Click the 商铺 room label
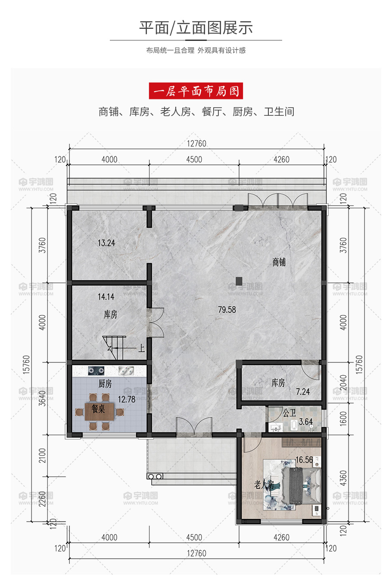[x=279, y=262]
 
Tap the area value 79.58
[x=227, y=309]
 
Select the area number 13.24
[x=106, y=243]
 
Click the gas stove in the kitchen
[x=96, y=371]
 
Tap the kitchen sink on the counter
[x=126, y=371]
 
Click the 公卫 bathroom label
[x=289, y=413]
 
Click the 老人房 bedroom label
[x=264, y=485]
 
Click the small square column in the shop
[x=239, y=281]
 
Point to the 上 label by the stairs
[x=142, y=348]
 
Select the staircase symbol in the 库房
[x=114, y=347]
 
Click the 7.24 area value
[x=303, y=392]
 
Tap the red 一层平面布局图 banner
[x=196, y=91]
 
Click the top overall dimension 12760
[x=196, y=143]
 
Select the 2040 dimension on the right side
[x=343, y=383]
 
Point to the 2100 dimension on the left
[x=42, y=456]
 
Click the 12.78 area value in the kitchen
[x=127, y=399]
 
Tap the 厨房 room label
[x=105, y=384]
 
